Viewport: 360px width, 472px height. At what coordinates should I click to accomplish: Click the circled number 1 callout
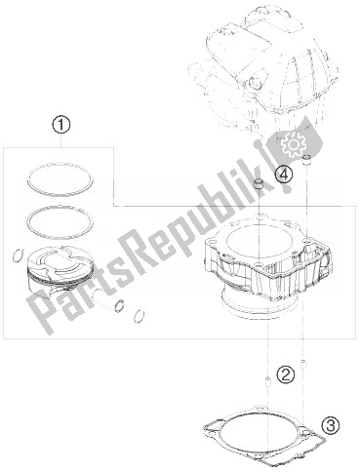click(x=61, y=125)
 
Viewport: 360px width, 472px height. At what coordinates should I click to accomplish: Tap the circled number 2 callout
click(x=286, y=374)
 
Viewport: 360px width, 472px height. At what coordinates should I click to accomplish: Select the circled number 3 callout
click(x=331, y=425)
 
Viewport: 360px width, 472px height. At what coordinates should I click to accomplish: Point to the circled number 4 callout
click(x=284, y=175)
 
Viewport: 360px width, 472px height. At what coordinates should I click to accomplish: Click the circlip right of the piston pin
click(x=139, y=316)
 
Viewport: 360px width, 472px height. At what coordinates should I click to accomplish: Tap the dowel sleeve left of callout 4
click(x=259, y=184)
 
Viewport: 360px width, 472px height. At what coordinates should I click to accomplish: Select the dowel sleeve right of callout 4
click(x=307, y=160)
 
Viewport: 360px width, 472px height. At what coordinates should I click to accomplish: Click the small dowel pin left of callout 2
click(x=268, y=380)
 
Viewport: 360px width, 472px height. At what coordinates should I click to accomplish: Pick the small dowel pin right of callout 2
click(x=303, y=364)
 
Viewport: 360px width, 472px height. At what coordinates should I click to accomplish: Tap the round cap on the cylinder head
click(x=254, y=85)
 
